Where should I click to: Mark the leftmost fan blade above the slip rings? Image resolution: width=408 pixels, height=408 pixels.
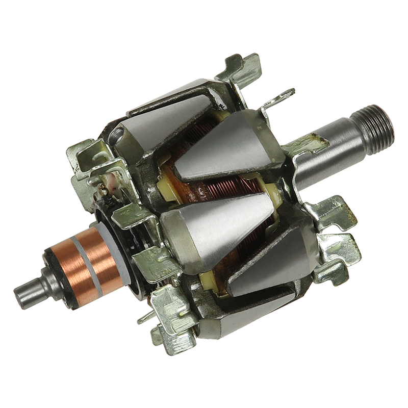[84, 153]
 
